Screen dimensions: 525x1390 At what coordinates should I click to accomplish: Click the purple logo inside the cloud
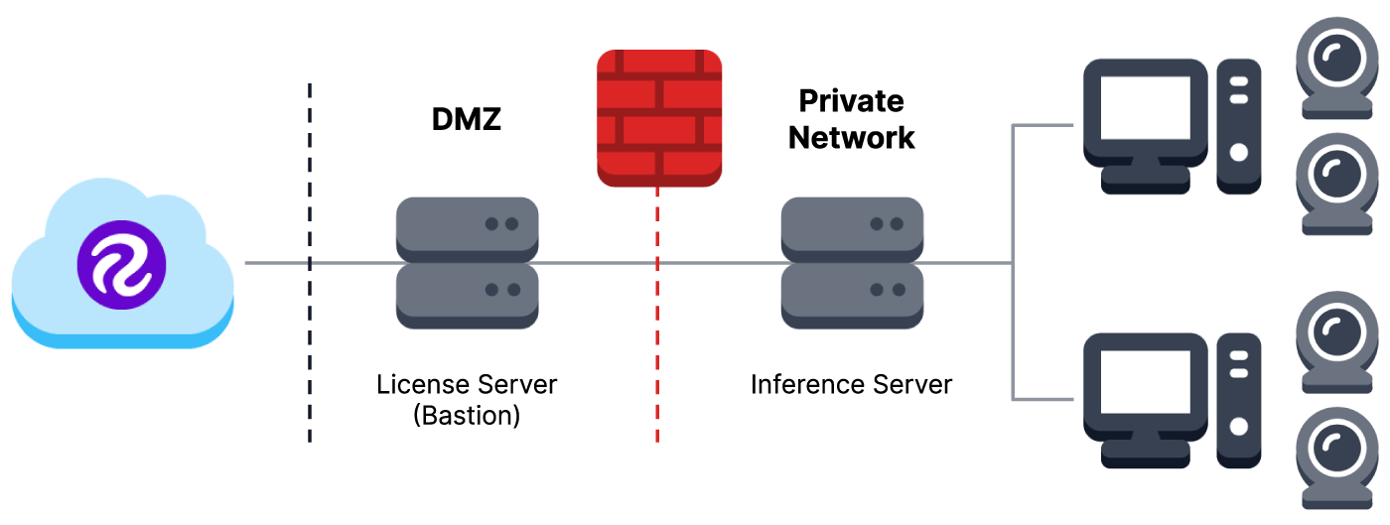pyautogui.click(x=121, y=264)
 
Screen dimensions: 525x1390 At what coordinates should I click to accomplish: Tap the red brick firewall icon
pyautogui.click(x=658, y=118)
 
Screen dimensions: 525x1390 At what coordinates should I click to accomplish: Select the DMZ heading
pyautogui.click(x=467, y=119)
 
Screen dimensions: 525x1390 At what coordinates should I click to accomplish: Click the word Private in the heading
pyautogui.click(x=852, y=101)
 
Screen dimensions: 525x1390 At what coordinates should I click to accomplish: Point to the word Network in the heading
pyautogui.click(x=852, y=137)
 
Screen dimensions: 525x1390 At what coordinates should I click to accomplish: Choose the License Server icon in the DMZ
pyautogui.click(x=467, y=263)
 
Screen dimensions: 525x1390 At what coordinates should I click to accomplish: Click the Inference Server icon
pyautogui.click(x=852, y=263)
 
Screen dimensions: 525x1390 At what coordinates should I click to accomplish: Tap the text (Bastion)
pyautogui.click(x=467, y=415)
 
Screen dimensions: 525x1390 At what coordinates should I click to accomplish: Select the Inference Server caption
pyautogui.click(x=852, y=384)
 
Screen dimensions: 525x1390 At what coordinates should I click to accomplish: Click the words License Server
pyautogui.click(x=467, y=384)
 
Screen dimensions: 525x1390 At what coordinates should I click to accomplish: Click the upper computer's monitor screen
pyautogui.click(x=1145, y=110)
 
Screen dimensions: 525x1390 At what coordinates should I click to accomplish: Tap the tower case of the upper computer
pyautogui.click(x=1239, y=125)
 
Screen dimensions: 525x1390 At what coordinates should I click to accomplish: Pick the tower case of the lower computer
pyautogui.click(x=1239, y=400)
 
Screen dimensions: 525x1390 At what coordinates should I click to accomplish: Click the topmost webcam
pyautogui.click(x=1336, y=61)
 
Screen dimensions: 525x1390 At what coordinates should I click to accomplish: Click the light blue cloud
pyautogui.click(x=60, y=298)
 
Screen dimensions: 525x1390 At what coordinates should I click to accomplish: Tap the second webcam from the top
pyautogui.click(x=1336, y=180)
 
